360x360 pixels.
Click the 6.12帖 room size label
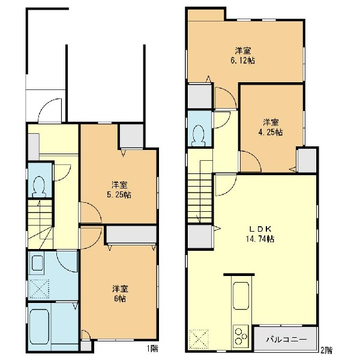pos(242,61)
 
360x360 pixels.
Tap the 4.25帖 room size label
pos(271,133)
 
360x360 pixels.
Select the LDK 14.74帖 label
pos(260,234)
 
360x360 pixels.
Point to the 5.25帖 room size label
pos(119,195)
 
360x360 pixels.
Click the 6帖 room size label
pos(120,299)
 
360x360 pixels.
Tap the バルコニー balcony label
pos(286,340)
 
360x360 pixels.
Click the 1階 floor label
pos(152,349)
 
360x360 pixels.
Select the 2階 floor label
pos(326,350)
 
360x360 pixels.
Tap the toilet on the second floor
pos(199,136)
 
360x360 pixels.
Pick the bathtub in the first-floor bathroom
pos(39,326)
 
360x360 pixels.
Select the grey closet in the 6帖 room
pos(131,234)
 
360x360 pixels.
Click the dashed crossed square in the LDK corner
pos(199,339)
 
